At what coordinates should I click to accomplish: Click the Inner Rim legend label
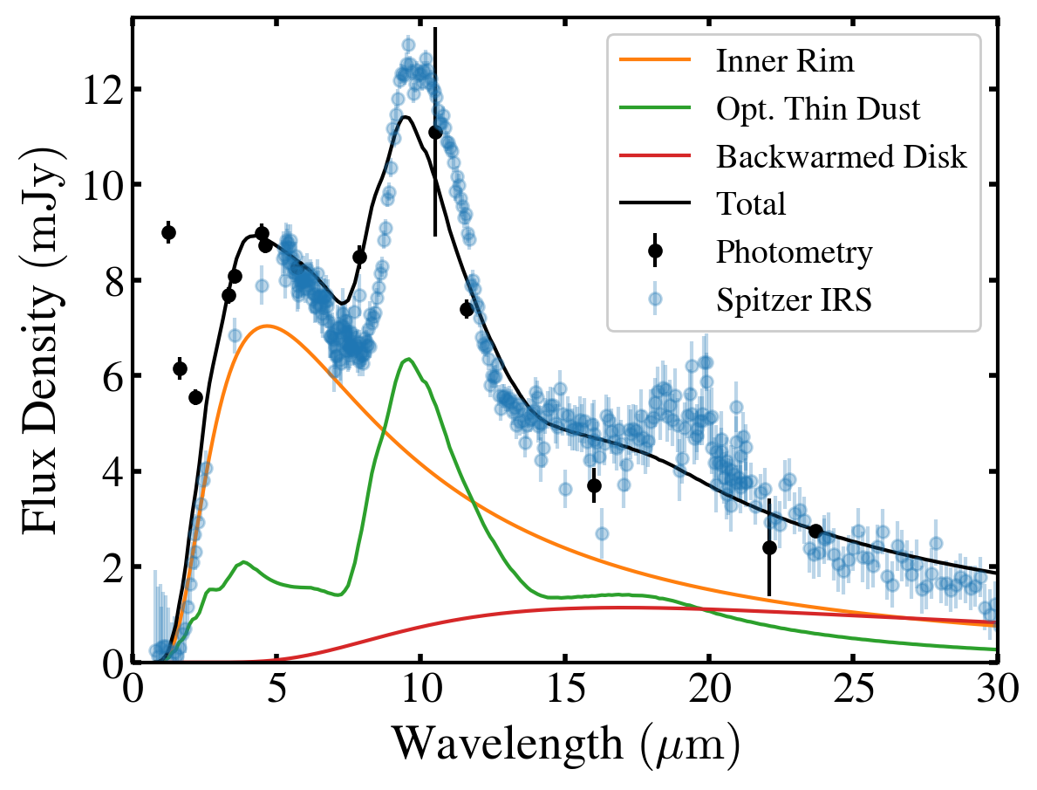click(784, 62)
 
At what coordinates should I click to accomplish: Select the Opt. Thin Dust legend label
click(818, 109)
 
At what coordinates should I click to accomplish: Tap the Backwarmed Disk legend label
click(842, 157)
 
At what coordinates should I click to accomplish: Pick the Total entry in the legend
click(751, 204)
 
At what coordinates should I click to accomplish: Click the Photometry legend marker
click(655, 251)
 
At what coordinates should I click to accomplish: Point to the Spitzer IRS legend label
click(795, 299)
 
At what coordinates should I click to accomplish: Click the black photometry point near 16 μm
click(594, 485)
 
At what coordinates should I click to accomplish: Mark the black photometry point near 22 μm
click(769, 547)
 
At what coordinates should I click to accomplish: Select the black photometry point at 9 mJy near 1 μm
click(168, 232)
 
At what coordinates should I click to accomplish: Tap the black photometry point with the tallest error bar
click(435, 132)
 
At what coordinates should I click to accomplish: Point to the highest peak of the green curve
click(406, 359)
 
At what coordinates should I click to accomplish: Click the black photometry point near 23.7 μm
click(815, 531)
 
